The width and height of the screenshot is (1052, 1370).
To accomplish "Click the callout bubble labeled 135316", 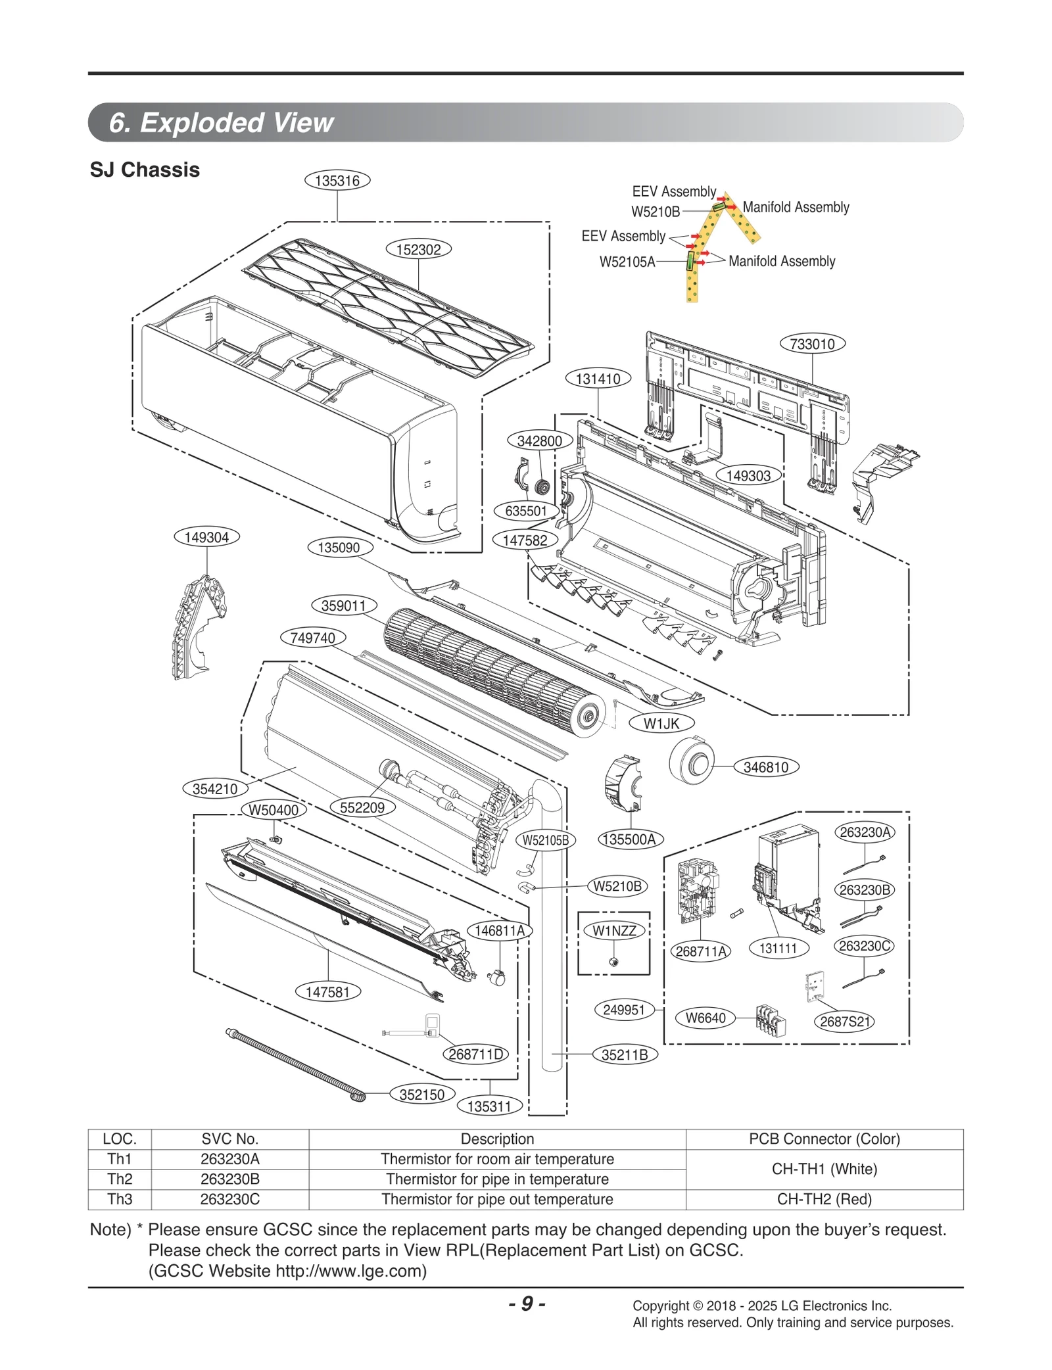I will click(337, 181).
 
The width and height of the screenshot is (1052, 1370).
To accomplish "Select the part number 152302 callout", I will click(418, 250).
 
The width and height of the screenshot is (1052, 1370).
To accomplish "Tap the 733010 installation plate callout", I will click(812, 344).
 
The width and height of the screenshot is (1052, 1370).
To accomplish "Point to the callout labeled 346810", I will click(765, 767).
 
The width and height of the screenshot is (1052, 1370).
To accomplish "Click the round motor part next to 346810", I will click(692, 761).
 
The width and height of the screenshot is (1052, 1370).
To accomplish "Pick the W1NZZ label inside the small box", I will click(614, 931).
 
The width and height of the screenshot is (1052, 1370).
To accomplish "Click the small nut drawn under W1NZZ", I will click(613, 962).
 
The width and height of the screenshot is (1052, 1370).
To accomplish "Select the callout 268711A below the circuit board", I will click(701, 951).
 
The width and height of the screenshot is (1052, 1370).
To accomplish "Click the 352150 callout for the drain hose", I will click(421, 1095).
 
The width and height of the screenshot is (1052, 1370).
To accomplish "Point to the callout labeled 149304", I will click(206, 537).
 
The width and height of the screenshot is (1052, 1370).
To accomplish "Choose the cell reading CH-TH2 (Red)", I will click(824, 1199).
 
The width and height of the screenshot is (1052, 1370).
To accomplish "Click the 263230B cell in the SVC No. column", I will click(229, 1179).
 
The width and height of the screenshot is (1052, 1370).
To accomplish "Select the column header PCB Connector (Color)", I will click(824, 1139).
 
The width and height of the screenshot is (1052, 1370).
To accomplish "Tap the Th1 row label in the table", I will click(120, 1159).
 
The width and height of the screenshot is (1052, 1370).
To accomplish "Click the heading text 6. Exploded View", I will click(221, 123).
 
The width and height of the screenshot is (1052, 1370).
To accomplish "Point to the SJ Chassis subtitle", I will click(145, 170).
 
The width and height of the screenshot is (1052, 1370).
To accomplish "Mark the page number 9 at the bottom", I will click(527, 1304).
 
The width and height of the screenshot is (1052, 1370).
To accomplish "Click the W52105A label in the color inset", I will click(627, 262).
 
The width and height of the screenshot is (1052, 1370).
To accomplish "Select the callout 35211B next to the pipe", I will click(625, 1055).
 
